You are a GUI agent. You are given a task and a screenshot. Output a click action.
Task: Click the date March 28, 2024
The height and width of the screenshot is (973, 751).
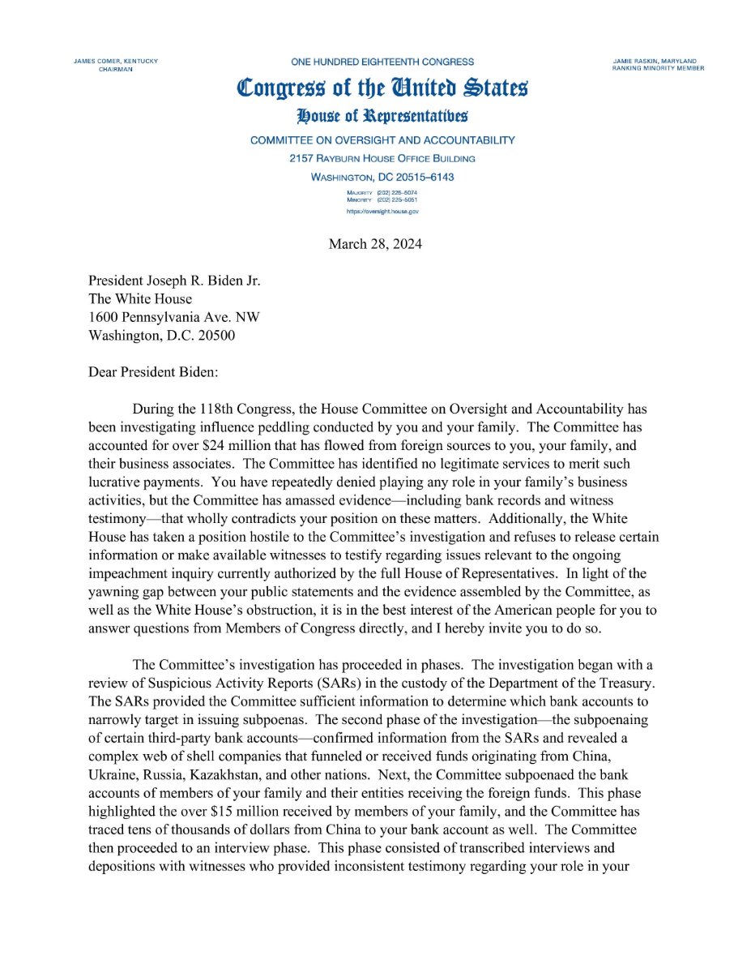[x=375, y=244]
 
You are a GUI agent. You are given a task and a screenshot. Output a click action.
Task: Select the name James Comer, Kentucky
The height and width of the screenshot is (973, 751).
[x=115, y=62]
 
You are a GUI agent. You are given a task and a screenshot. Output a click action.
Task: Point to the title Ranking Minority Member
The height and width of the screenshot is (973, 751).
[x=659, y=69]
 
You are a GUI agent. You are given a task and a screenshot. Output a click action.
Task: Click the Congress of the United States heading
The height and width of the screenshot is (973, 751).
[x=382, y=88]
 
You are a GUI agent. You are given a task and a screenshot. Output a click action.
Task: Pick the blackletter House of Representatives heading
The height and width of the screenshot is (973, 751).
[x=382, y=117]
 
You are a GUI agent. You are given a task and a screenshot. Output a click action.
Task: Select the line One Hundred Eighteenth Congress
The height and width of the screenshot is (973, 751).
[x=382, y=62]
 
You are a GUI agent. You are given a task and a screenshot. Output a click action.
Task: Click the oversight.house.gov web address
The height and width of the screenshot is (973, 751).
[x=382, y=211]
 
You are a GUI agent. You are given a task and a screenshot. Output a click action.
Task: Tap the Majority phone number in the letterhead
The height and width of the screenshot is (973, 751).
[x=395, y=192]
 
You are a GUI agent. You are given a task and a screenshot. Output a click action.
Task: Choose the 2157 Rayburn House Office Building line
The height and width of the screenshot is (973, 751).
[x=382, y=158]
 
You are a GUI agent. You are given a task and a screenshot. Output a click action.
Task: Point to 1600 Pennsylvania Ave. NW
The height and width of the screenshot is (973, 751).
[x=174, y=317]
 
